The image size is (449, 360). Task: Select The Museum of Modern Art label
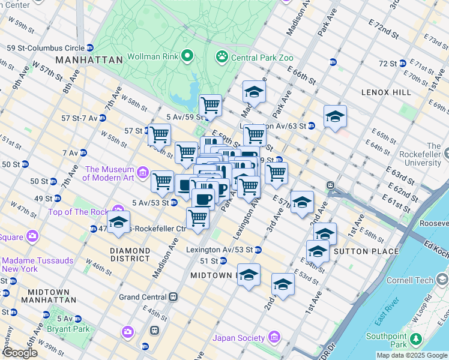(108, 173)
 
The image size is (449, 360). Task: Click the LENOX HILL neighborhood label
(387, 92)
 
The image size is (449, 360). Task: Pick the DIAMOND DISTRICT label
(130, 254)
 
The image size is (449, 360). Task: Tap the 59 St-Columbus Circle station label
(45, 47)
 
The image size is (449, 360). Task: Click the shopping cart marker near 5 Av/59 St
(210, 106)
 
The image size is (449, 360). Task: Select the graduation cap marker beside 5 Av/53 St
(119, 222)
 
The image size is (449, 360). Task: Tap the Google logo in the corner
(19, 353)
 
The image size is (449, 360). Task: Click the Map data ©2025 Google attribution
(412, 355)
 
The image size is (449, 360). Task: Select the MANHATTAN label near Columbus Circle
(89, 60)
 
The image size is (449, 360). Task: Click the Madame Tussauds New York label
(37, 265)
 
